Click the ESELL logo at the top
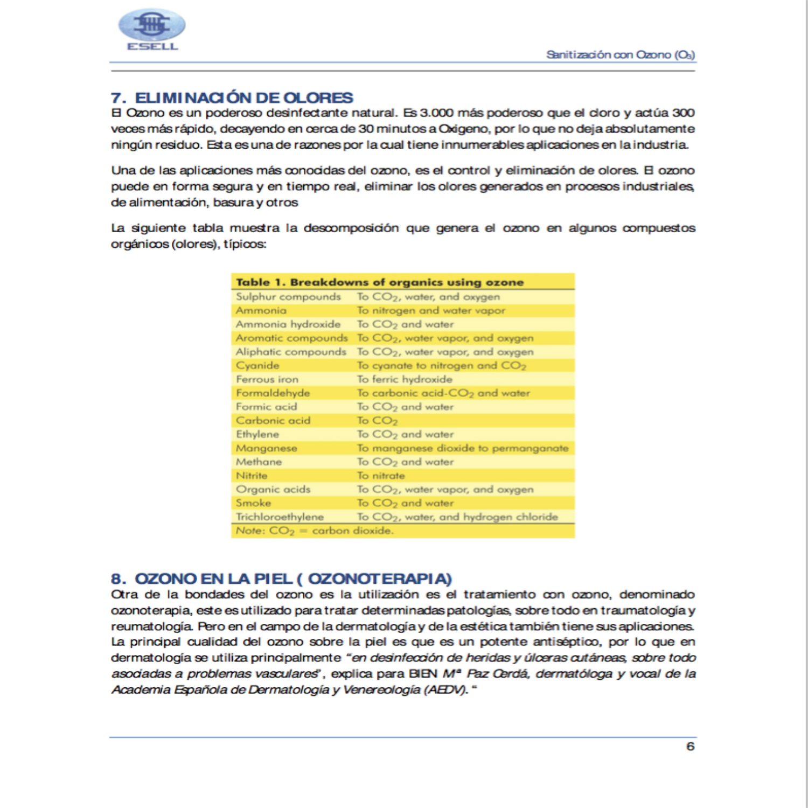[x=152, y=30]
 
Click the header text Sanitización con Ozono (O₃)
[x=620, y=55]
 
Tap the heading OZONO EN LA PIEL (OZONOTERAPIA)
[x=281, y=579]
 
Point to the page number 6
[x=690, y=747]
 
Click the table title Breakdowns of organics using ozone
[x=380, y=282]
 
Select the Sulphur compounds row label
[x=288, y=297]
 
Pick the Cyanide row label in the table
[x=257, y=366]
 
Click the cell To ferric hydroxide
[x=405, y=379]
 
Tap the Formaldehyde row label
[x=273, y=393]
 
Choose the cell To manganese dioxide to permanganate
[x=462, y=448]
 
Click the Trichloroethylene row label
[x=280, y=517]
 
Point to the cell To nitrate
[x=381, y=476]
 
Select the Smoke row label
[x=253, y=503]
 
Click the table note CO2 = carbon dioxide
[x=315, y=531]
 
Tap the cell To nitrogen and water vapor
[x=431, y=311]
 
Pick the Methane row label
[x=259, y=462]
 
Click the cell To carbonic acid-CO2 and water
[x=443, y=393]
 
